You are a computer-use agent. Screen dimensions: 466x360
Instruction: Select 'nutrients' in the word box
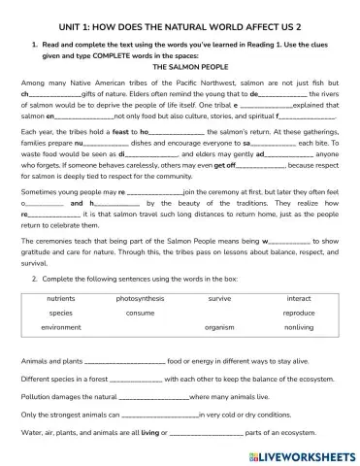coord(60,299)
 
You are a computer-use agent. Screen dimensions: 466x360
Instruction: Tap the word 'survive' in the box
coord(219,299)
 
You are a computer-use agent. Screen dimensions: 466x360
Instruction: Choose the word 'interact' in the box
coord(298,299)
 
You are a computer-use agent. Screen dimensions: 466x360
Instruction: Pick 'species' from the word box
coord(60,314)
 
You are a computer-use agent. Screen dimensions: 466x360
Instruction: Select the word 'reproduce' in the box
coord(298,314)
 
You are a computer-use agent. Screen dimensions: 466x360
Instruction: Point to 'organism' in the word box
coord(219,328)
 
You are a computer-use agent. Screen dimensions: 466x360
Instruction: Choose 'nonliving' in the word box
coord(298,328)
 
